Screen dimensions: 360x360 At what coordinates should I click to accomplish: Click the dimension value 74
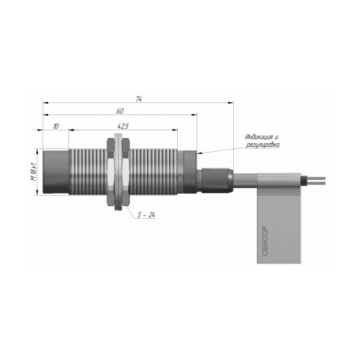(138, 99)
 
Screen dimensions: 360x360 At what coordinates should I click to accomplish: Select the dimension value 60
(120, 111)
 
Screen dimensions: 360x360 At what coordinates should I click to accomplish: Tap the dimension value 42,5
(123, 126)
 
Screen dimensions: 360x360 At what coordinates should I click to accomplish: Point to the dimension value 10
(55, 126)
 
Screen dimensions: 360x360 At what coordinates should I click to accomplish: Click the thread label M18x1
(34, 171)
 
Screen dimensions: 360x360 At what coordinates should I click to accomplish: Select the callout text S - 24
(146, 215)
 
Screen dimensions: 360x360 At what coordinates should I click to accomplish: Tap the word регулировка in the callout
(263, 145)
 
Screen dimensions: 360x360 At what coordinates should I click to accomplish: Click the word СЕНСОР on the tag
(265, 240)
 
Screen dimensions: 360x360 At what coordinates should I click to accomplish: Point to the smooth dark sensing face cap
(56, 172)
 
